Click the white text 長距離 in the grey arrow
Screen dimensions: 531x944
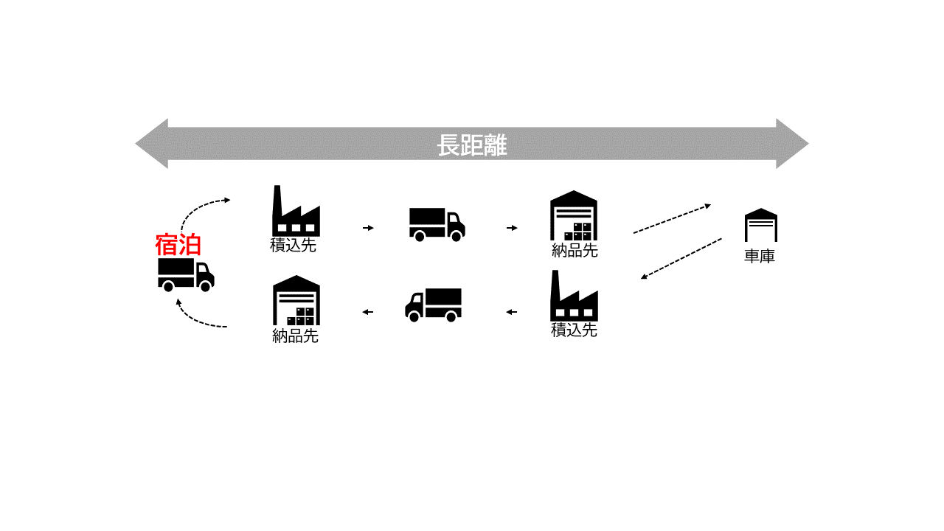point(472,145)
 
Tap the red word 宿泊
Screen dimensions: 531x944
point(178,244)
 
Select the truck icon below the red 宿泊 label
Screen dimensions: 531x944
point(186,274)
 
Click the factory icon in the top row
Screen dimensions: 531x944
point(296,212)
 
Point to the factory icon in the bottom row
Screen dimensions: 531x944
point(574,296)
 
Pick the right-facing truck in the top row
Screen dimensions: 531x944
point(437,224)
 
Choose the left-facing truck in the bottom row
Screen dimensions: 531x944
point(434,304)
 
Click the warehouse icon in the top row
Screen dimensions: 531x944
point(574,216)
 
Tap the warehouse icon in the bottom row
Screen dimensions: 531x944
point(296,301)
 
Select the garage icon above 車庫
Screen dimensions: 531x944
point(760,225)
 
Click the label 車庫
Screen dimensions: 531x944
point(760,257)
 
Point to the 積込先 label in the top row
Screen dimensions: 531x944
point(294,246)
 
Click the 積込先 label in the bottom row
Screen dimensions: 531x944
point(574,330)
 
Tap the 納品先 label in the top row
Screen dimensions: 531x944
point(575,251)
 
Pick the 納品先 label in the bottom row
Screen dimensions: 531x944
point(295,336)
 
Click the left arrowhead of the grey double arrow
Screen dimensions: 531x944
point(152,144)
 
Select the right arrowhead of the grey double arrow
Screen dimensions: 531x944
point(792,144)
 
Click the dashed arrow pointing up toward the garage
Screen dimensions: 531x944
point(672,219)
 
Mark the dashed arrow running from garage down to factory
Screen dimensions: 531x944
point(681,258)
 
